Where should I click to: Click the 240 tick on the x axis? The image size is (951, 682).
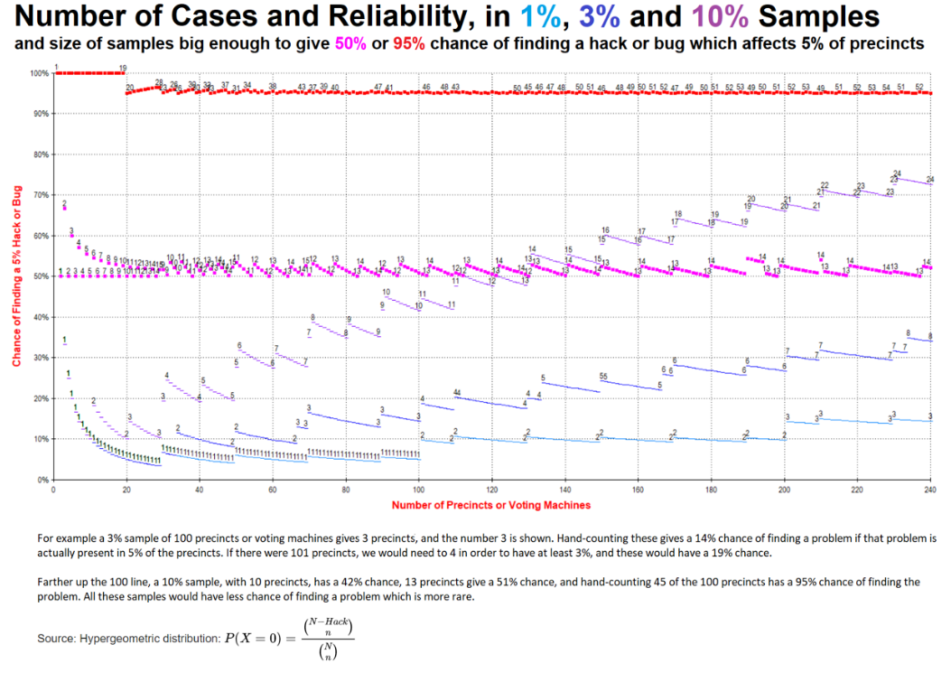pyautogui.click(x=929, y=490)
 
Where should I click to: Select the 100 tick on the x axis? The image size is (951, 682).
pyautogui.click(x=418, y=490)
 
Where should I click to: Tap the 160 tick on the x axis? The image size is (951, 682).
pyautogui.click(x=638, y=490)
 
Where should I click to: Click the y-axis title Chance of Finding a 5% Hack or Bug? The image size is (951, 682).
pyautogui.click(x=15, y=276)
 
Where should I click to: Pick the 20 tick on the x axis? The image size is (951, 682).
pyautogui.click(x=126, y=490)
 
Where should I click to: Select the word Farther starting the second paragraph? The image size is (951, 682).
pyautogui.click(x=56, y=583)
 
